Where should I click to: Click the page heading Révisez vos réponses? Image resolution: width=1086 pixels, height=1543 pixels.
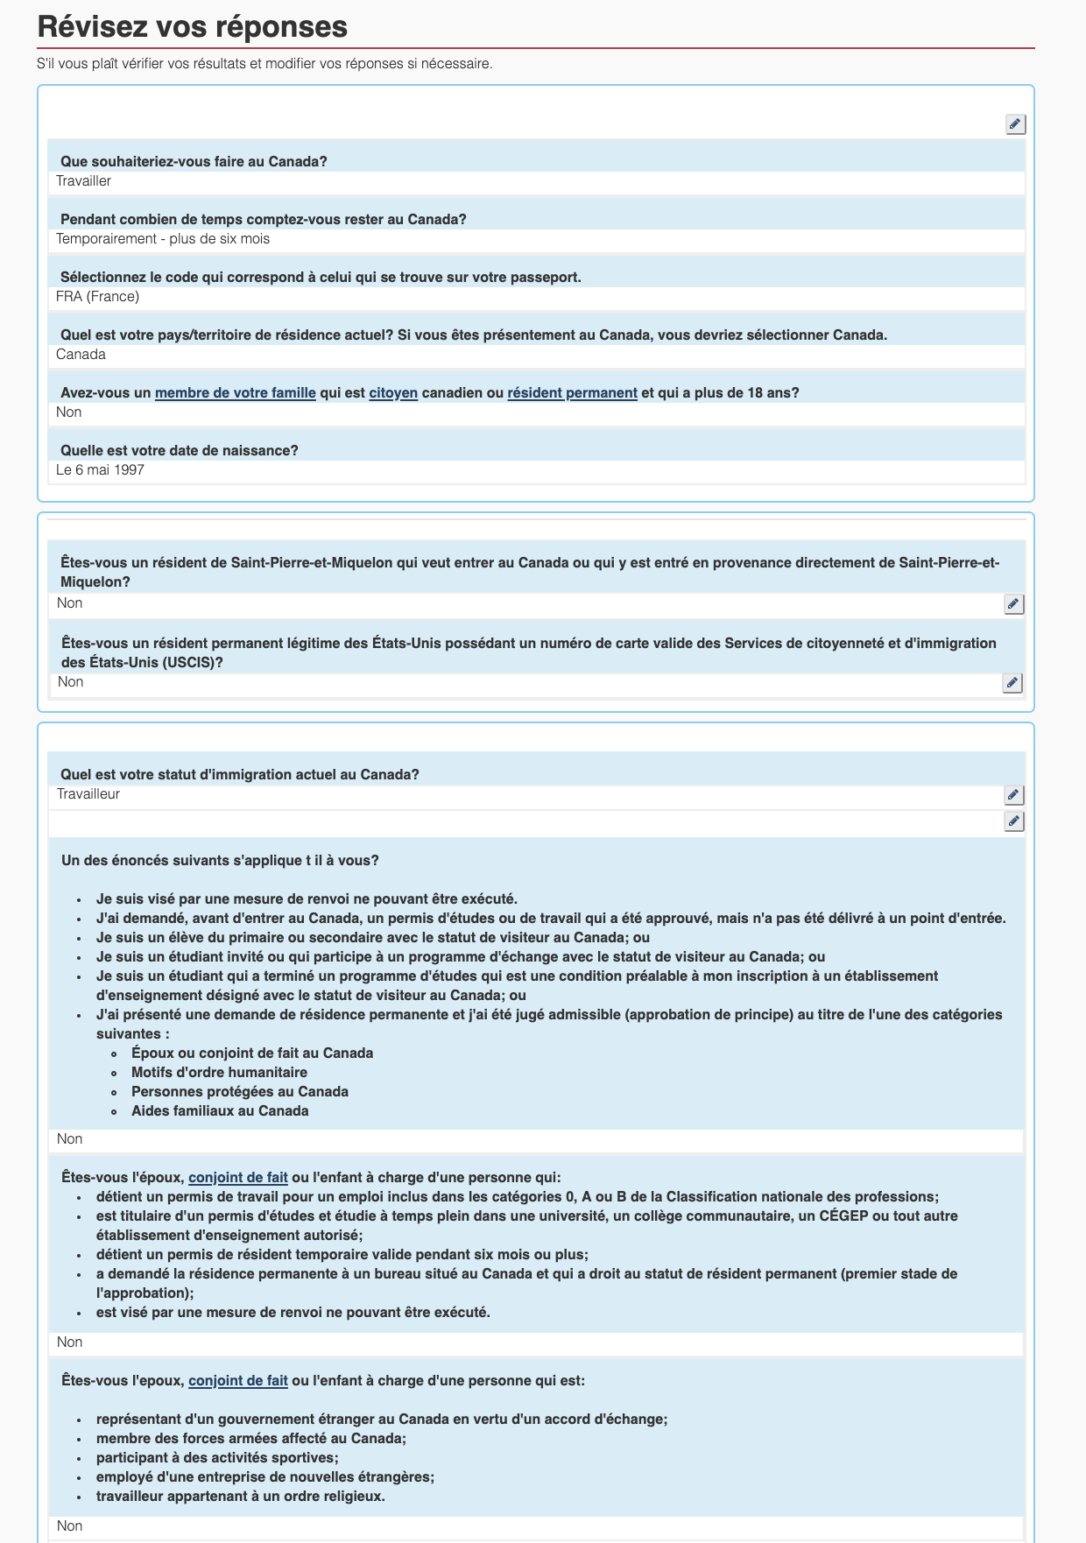click(193, 27)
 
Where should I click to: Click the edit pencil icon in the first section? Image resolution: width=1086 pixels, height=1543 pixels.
click(1015, 124)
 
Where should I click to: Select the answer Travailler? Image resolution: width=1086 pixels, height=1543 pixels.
click(84, 181)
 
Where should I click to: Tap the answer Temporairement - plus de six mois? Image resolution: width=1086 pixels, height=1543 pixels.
click(163, 239)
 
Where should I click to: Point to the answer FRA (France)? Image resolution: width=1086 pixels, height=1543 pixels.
click(97, 297)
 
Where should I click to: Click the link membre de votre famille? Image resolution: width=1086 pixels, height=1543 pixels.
click(235, 393)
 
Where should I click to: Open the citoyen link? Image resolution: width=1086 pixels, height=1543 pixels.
click(393, 393)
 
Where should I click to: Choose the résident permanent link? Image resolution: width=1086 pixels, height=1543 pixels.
click(572, 393)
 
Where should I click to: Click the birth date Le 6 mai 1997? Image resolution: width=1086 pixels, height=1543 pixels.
click(100, 470)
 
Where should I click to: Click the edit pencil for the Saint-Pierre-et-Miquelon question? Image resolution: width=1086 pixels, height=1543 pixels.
click(1013, 604)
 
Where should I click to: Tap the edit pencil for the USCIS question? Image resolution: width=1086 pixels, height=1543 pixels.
click(1012, 683)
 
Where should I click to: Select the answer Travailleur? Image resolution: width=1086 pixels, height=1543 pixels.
click(88, 794)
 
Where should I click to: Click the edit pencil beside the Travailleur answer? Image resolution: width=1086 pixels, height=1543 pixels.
click(1013, 795)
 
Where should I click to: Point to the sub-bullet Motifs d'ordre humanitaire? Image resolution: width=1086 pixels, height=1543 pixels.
click(219, 1073)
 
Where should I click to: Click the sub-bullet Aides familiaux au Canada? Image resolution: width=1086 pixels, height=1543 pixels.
click(220, 1111)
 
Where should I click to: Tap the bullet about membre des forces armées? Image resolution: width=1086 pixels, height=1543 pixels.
click(250, 1439)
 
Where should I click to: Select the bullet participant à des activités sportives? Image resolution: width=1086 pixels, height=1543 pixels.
click(217, 1458)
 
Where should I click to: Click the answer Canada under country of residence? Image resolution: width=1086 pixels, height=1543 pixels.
click(81, 355)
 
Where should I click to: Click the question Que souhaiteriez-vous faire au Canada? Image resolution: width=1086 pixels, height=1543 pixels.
click(194, 162)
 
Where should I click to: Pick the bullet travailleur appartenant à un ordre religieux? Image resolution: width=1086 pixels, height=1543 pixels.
click(240, 1497)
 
